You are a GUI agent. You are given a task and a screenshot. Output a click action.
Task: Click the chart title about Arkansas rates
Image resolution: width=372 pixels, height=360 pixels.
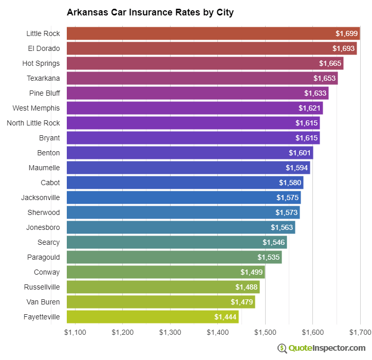pyautogui.click(x=150, y=12)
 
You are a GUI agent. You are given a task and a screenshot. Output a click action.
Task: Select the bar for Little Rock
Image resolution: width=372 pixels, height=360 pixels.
pyautogui.click(x=213, y=33)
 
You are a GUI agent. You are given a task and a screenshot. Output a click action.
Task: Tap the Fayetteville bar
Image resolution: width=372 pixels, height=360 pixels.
pyautogui.click(x=152, y=317)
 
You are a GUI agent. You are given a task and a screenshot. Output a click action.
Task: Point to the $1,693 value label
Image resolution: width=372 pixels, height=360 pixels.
pyautogui.click(x=344, y=48)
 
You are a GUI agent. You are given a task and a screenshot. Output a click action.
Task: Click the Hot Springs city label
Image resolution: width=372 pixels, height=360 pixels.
pyautogui.click(x=41, y=63)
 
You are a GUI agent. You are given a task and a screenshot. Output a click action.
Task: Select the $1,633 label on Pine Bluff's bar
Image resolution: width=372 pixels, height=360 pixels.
pyautogui.click(x=315, y=93)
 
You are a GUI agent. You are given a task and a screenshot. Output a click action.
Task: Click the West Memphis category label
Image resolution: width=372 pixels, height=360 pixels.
pyautogui.click(x=36, y=108)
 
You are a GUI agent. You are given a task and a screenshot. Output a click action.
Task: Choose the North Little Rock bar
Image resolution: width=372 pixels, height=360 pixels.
pyautogui.click(x=193, y=123)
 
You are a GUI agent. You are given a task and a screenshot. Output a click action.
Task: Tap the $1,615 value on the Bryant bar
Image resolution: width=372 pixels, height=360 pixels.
pyautogui.click(x=306, y=138)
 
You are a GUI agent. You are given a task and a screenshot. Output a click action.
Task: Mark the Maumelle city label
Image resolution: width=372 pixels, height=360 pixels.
pyautogui.click(x=44, y=168)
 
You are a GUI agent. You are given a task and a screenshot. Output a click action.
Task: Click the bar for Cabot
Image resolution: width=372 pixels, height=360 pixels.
pyautogui.click(x=184, y=183)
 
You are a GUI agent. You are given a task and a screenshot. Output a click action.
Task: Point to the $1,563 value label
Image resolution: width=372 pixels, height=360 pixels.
pyautogui.click(x=282, y=227)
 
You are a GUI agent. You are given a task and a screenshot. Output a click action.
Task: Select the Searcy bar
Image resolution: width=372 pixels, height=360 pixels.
pyautogui.click(x=176, y=242)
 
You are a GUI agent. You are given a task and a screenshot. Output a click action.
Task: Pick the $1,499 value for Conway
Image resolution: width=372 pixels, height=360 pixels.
pyautogui.click(x=251, y=272)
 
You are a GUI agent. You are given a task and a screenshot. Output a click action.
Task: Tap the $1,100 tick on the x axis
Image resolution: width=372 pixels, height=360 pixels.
pyautogui.click(x=75, y=333)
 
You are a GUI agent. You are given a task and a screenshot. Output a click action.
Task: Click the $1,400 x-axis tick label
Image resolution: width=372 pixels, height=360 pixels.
pyautogui.click(x=218, y=333)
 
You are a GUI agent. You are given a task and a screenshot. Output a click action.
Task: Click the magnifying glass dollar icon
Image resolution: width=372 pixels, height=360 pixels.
pyautogui.click(x=282, y=348)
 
